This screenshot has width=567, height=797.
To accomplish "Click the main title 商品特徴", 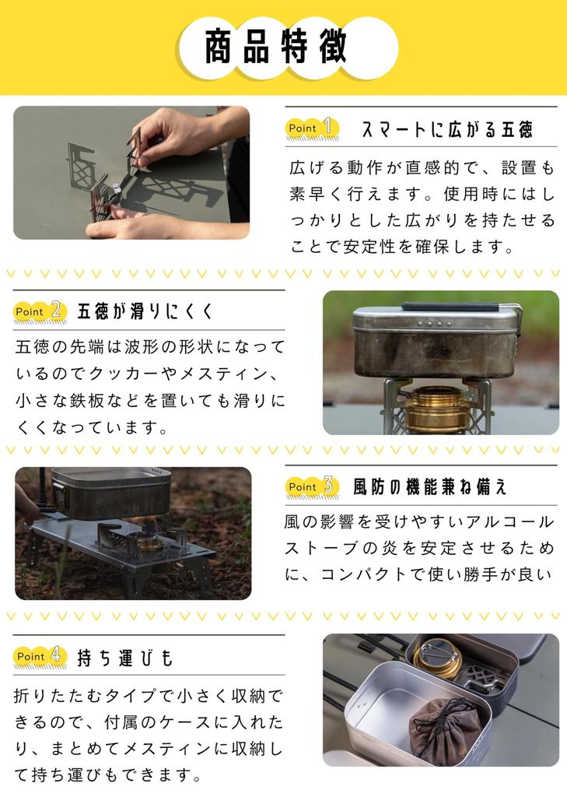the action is (276, 47).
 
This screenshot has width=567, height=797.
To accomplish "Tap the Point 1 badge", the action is (311, 128).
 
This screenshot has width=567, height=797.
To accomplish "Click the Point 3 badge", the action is (311, 486).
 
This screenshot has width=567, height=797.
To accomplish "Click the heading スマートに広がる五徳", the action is (447, 130).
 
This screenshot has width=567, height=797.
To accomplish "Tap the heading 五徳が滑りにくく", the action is (145, 311).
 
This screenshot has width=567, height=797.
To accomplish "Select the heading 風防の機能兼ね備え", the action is (430, 487).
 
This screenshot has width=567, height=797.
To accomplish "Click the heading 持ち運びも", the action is (125, 658).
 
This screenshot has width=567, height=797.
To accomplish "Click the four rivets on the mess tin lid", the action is (435, 323).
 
